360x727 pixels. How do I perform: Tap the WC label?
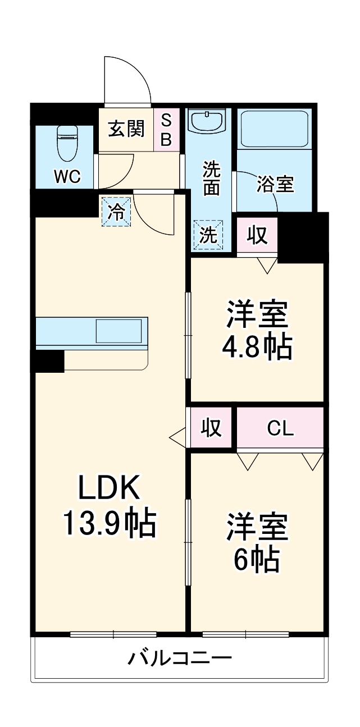point(67,177)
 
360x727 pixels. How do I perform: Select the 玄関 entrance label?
point(126,129)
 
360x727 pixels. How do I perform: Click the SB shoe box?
point(166,130)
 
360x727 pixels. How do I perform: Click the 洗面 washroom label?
point(211,178)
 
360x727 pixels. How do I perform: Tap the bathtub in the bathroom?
point(273,129)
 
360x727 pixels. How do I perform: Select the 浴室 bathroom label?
point(275,184)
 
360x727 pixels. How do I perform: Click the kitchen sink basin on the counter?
point(119,331)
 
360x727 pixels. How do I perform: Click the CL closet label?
point(280,429)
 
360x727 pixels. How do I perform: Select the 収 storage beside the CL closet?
point(211,428)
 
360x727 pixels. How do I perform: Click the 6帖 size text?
point(256,558)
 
